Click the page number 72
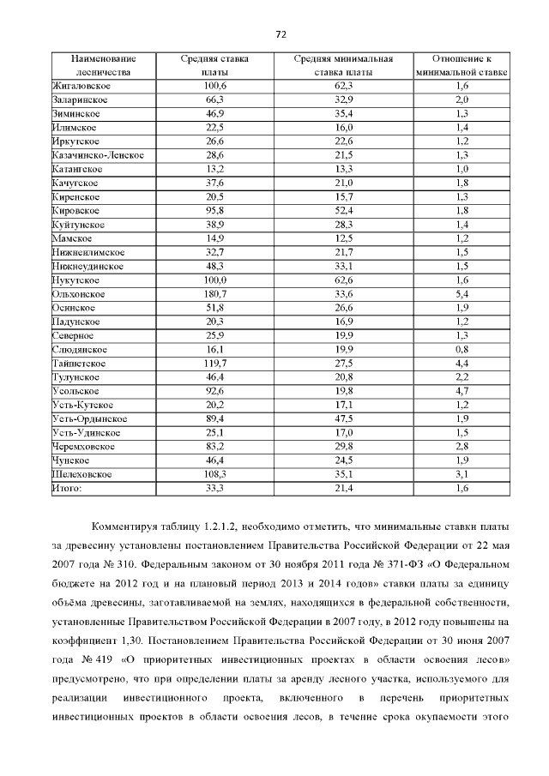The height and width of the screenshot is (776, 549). (x=280, y=34)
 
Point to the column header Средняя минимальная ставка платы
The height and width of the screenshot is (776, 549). (x=344, y=66)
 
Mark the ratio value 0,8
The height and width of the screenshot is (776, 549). (x=462, y=350)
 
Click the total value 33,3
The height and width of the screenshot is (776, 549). (x=214, y=488)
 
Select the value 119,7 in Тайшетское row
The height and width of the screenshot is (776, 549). (x=214, y=364)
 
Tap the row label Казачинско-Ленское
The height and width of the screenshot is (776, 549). (x=97, y=155)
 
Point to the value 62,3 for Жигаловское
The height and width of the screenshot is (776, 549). (x=344, y=87)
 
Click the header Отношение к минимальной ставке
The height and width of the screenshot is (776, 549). (x=462, y=66)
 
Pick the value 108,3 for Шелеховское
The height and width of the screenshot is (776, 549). (x=214, y=474)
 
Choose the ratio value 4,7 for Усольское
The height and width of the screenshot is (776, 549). (x=462, y=391)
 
